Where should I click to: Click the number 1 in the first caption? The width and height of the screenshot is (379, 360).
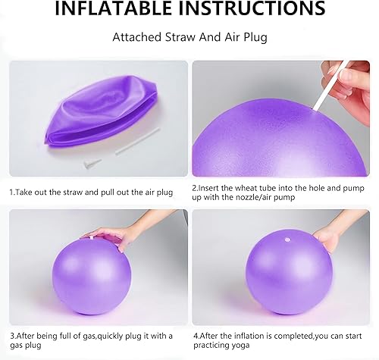tap(11, 193)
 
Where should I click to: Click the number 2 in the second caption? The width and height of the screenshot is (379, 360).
tap(194, 186)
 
